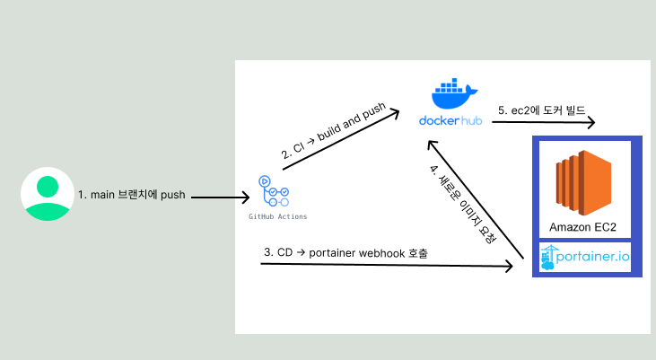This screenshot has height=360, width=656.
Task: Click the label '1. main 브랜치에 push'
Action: (131, 194)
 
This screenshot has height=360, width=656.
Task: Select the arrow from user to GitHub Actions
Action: (221, 197)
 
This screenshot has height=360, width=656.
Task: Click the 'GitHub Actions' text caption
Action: (277, 217)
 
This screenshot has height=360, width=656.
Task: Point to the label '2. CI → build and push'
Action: (332, 131)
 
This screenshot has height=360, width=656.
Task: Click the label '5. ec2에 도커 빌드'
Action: (541, 110)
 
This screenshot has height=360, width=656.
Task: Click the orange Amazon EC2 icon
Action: (583, 180)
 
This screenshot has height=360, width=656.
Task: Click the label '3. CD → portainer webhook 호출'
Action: (345, 253)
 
